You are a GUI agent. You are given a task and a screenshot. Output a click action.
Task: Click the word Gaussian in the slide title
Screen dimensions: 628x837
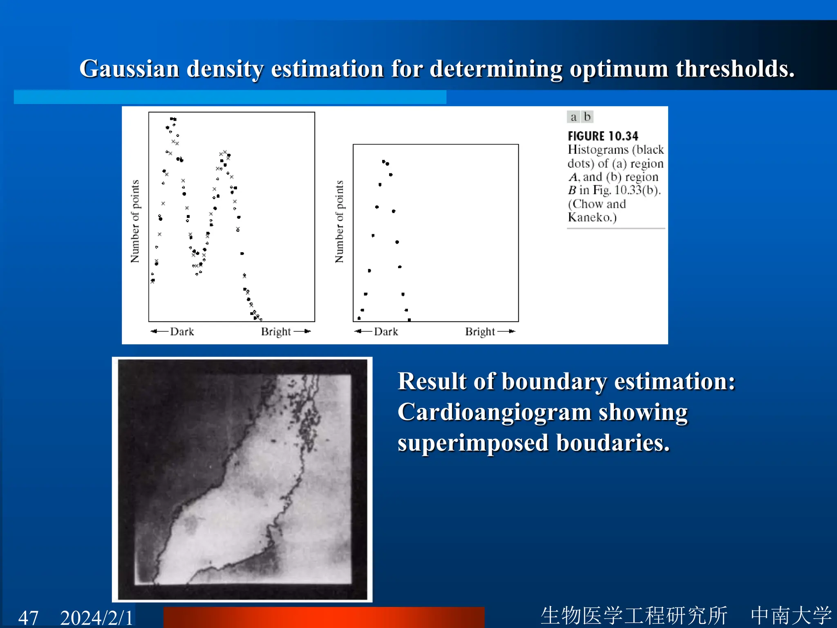(x=129, y=69)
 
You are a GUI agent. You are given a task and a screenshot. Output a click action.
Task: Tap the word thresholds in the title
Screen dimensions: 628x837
(x=735, y=69)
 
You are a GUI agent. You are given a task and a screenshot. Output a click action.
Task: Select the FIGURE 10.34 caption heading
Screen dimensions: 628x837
(x=603, y=136)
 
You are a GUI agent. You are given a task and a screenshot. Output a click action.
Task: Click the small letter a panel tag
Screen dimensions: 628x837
(x=573, y=117)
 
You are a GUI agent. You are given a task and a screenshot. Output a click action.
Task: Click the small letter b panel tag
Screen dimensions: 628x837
(x=587, y=117)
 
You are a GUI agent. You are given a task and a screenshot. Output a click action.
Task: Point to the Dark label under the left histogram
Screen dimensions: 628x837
(x=182, y=332)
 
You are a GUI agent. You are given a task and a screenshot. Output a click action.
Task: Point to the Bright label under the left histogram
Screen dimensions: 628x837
(x=276, y=332)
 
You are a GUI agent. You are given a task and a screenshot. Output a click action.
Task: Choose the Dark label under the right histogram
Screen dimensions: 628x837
(x=386, y=332)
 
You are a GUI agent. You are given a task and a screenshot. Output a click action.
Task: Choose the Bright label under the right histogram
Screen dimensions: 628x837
(x=480, y=332)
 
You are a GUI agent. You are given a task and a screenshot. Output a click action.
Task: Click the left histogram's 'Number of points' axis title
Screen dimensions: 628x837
(x=135, y=221)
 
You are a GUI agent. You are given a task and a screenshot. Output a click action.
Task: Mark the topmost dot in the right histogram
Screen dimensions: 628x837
(x=383, y=161)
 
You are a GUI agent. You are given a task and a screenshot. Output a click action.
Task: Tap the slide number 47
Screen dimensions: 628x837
(x=28, y=617)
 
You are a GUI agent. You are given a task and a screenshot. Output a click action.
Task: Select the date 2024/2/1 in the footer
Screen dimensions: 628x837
(x=96, y=617)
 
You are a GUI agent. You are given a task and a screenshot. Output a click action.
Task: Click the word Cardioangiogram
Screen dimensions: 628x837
(x=495, y=412)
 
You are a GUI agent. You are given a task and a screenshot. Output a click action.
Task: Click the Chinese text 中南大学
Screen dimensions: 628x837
(x=791, y=616)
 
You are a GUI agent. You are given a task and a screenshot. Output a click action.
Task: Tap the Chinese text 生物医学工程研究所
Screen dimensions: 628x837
(x=634, y=616)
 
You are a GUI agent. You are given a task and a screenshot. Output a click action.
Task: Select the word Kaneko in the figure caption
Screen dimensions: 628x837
(x=591, y=217)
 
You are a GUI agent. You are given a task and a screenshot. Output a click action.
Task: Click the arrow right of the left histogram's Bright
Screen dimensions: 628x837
(x=302, y=331)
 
